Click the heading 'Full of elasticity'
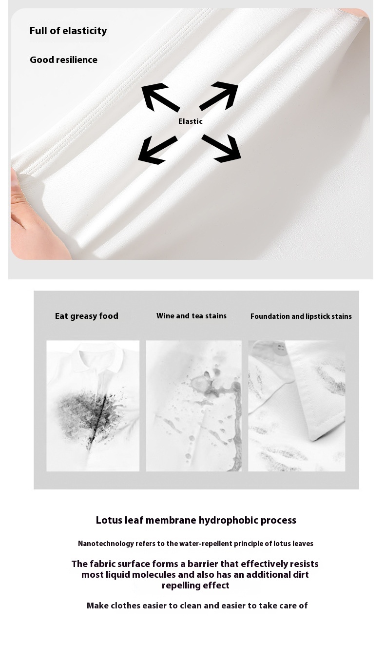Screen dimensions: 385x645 68,31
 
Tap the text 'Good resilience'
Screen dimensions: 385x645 63,59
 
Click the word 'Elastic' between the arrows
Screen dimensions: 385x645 190,121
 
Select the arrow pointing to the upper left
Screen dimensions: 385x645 160,98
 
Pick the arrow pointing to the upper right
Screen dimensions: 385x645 219,96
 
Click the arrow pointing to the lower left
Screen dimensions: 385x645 158,150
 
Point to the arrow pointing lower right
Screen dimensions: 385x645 222,148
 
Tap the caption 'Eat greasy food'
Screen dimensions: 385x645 87,316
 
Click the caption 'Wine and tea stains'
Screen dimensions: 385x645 192,316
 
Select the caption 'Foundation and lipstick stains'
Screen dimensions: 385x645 301,316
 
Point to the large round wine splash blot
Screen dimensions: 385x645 200,383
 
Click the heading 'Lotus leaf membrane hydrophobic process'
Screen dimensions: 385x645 196,520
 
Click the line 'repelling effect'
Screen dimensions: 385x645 195,586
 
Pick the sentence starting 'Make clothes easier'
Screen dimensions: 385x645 197,606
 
